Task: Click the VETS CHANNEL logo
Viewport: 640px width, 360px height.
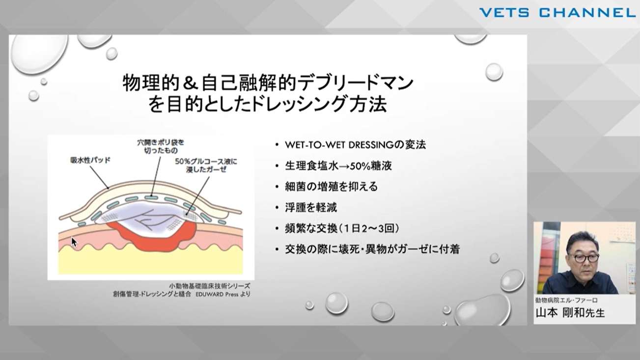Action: [x=554, y=13]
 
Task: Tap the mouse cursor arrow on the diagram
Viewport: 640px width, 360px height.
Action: [x=74, y=242]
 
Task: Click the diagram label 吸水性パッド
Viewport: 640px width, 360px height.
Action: [x=90, y=160]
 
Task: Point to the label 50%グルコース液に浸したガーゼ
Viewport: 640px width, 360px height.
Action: [x=206, y=166]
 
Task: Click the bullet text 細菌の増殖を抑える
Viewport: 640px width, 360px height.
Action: [x=332, y=187]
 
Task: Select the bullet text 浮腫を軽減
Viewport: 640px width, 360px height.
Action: [x=311, y=207]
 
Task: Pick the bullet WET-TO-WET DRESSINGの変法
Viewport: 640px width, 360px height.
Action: [x=356, y=145]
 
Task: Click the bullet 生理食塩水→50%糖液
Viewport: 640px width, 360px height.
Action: [x=338, y=166]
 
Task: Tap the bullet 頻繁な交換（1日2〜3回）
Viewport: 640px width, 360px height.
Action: [x=342, y=228]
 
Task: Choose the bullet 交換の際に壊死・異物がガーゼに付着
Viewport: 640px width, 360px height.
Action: [x=372, y=249]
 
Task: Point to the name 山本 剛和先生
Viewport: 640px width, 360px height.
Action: [x=570, y=313]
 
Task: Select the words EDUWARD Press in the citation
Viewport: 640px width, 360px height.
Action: [x=217, y=294]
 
